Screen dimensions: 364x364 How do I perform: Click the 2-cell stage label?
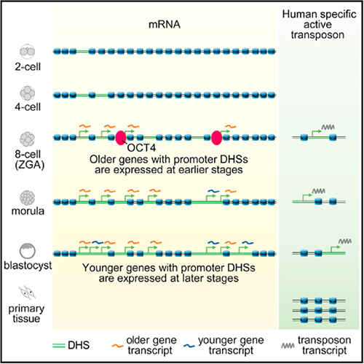pos(28,66)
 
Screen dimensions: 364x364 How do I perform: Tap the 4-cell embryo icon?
pos(28,93)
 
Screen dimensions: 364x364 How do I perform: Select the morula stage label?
pos(28,211)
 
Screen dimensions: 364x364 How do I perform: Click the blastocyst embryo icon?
pos(28,251)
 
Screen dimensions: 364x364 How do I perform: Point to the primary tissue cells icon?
pos(28,293)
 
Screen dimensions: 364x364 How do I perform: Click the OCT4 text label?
pos(141,148)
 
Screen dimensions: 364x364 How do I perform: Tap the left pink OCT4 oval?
pos(121,138)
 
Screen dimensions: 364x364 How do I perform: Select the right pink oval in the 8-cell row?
pos(216,138)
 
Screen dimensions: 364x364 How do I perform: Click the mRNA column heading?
pos(165,25)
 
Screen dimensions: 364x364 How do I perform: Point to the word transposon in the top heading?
pos(317,35)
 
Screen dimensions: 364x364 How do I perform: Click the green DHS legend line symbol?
pos(59,346)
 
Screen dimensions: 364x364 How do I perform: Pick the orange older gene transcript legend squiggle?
pos(118,346)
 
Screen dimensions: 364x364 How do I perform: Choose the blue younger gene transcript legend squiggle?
pos(189,346)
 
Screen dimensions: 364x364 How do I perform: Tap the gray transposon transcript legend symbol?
pos(288,346)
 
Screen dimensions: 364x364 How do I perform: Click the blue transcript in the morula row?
pos(213,191)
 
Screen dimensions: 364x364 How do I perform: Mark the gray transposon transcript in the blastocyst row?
pos(345,241)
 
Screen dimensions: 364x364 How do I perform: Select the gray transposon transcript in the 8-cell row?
pos(328,127)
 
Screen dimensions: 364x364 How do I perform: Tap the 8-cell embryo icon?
pos(28,139)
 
